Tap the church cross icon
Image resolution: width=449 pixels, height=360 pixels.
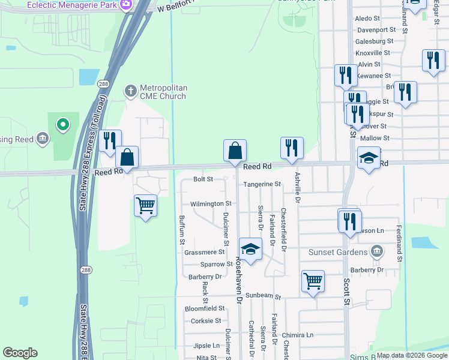tap(130, 91)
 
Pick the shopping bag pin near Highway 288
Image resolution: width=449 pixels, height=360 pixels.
tap(127, 158)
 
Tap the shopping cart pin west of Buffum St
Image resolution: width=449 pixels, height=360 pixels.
tap(145, 206)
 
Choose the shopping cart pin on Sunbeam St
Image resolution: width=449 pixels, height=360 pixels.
tap(313, 281)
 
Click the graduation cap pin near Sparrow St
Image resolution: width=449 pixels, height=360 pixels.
tap(251, 249)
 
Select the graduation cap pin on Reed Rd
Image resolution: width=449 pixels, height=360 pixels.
tap(369, 158)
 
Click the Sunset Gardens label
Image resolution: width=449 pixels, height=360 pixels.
tap(338, 251)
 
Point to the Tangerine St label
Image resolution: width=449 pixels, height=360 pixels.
tap(262, 184)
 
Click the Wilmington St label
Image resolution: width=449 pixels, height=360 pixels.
tap(211, 204)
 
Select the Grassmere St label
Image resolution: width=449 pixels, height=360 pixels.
tap(204, 253)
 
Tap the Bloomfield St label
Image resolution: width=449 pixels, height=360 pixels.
tap(204, 308)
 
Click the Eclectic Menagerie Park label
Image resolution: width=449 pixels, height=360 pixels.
tap(72, 5)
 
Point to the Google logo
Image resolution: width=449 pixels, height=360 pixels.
tap(20, 353)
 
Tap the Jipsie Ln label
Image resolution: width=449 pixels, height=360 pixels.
tap(206, 346)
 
